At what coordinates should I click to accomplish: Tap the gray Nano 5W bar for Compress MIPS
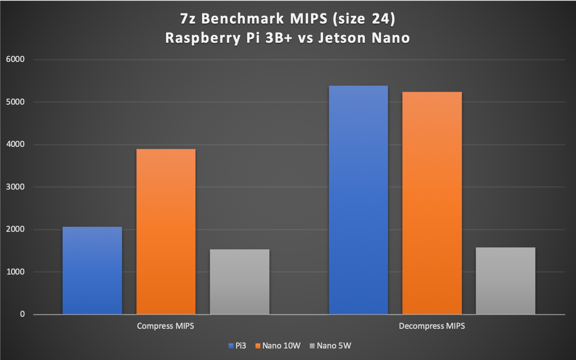[x=240, y=282]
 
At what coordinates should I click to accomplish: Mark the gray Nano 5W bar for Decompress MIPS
[x=505, y=281]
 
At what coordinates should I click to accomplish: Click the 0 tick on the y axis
[x=22, y=314]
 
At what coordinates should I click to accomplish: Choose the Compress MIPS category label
[x=166, y=326]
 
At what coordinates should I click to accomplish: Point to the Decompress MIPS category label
[x=432, y=326]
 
